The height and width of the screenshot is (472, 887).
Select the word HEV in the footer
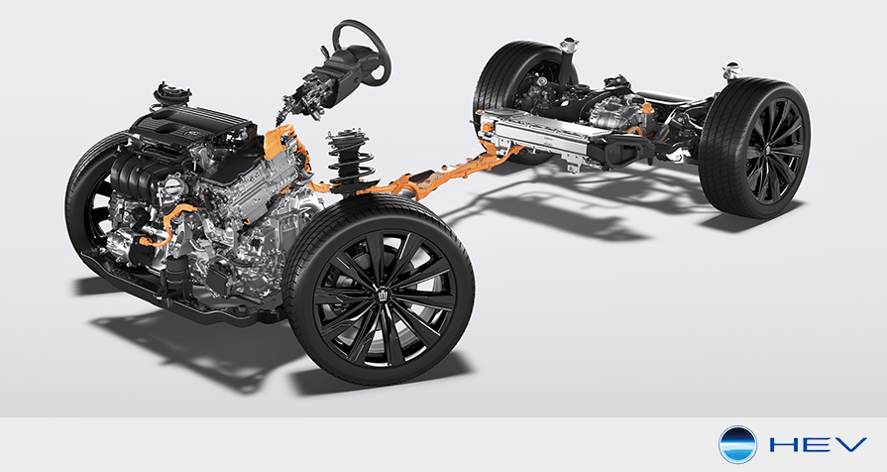click(818, 445)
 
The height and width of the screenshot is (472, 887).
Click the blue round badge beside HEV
click(737, 445)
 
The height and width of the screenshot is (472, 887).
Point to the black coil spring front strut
click(350, 162)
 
